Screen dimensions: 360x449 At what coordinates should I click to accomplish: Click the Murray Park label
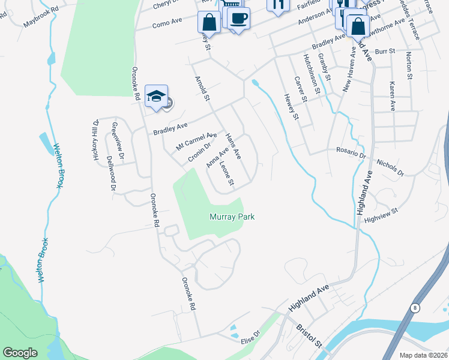coord(232,216)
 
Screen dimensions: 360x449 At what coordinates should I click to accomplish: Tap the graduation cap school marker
coord(155,96)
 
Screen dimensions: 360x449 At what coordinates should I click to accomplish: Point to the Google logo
coord(20,353)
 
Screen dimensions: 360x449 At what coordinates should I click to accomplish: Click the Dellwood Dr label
coord(111,173)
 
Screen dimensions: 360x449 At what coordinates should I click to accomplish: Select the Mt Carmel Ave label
coord(196,142)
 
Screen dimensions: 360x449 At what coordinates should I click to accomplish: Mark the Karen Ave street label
coord(393,97)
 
